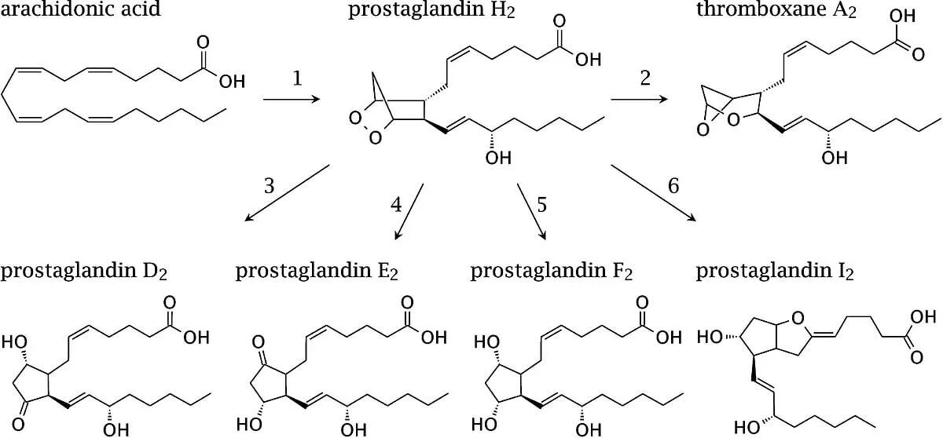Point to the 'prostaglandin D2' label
click(x=84, y=272)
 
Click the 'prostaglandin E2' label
click(x=317, y=272)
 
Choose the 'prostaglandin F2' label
click(x=552, y=272)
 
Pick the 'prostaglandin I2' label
click(x=776, y=272)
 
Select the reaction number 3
click(x=270, y=186)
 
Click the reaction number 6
click(x=673, y=186)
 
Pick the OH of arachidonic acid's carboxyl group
click(x=232, y=82)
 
